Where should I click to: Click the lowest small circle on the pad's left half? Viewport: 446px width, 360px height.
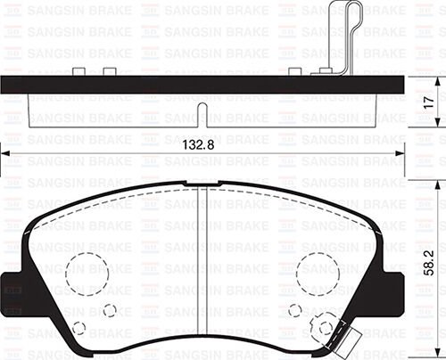click(79, 328)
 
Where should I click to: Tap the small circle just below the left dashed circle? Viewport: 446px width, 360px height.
click(110, 310)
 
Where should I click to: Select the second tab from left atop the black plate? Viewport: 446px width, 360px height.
click(111, 70)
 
